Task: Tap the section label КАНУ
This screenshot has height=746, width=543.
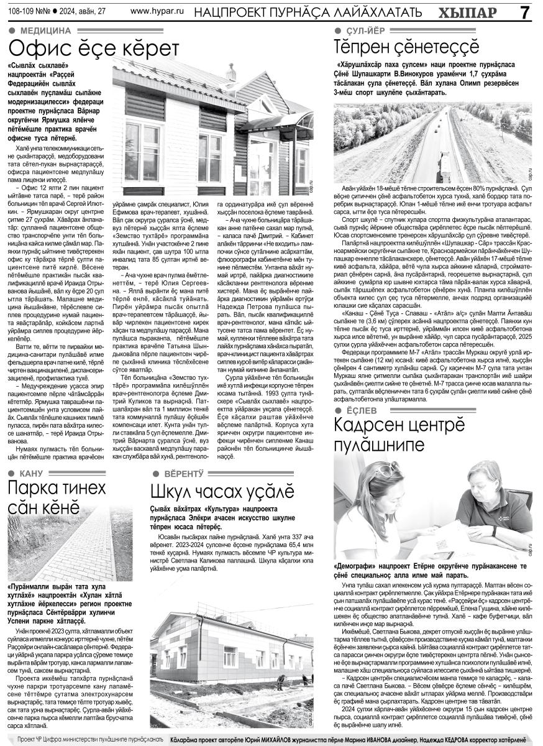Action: click(31, 474)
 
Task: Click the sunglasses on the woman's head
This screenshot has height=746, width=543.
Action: click(389, 469)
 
